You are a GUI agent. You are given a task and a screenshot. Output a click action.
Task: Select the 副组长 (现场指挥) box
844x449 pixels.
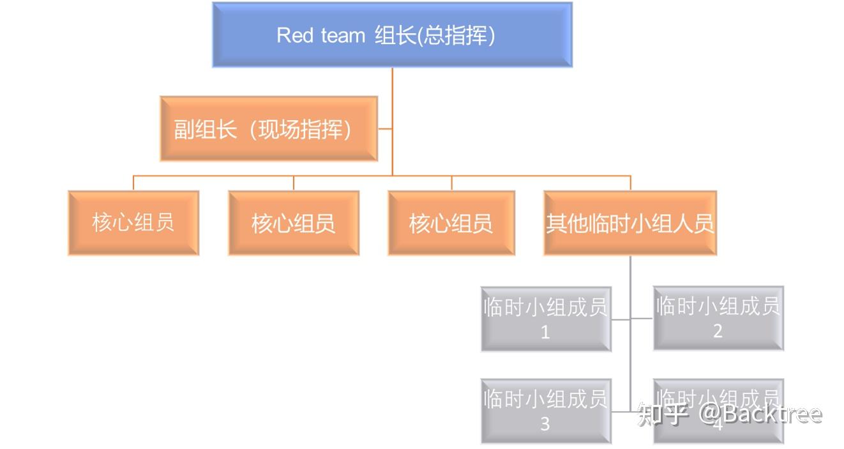[269, 129]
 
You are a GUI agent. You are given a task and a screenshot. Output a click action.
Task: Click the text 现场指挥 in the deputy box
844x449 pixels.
[301, 129]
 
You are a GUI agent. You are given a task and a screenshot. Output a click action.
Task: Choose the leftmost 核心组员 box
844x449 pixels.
[133, 223]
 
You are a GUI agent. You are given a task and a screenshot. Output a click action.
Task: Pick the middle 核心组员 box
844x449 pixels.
[294, 223]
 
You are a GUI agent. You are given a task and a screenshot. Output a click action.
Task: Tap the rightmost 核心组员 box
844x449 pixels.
[451, 223]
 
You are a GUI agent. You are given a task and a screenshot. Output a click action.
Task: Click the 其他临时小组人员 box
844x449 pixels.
[630, 223]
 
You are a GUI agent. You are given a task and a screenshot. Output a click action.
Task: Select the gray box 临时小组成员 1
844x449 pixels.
[546, 319]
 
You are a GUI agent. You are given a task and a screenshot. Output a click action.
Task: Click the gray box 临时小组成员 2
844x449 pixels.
[718, 317]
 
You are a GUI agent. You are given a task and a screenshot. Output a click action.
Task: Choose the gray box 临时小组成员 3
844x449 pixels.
[546, 411]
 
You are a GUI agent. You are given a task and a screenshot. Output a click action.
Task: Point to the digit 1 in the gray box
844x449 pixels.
[545, 332]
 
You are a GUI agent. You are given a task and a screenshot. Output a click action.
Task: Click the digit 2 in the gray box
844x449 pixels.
[718, 331]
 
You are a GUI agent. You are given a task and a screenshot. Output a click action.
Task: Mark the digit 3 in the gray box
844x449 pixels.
[545, 424]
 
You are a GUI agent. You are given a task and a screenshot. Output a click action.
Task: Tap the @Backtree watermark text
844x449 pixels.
[760, 414]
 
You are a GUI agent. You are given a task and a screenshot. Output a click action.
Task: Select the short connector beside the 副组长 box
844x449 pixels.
[385, 129]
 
